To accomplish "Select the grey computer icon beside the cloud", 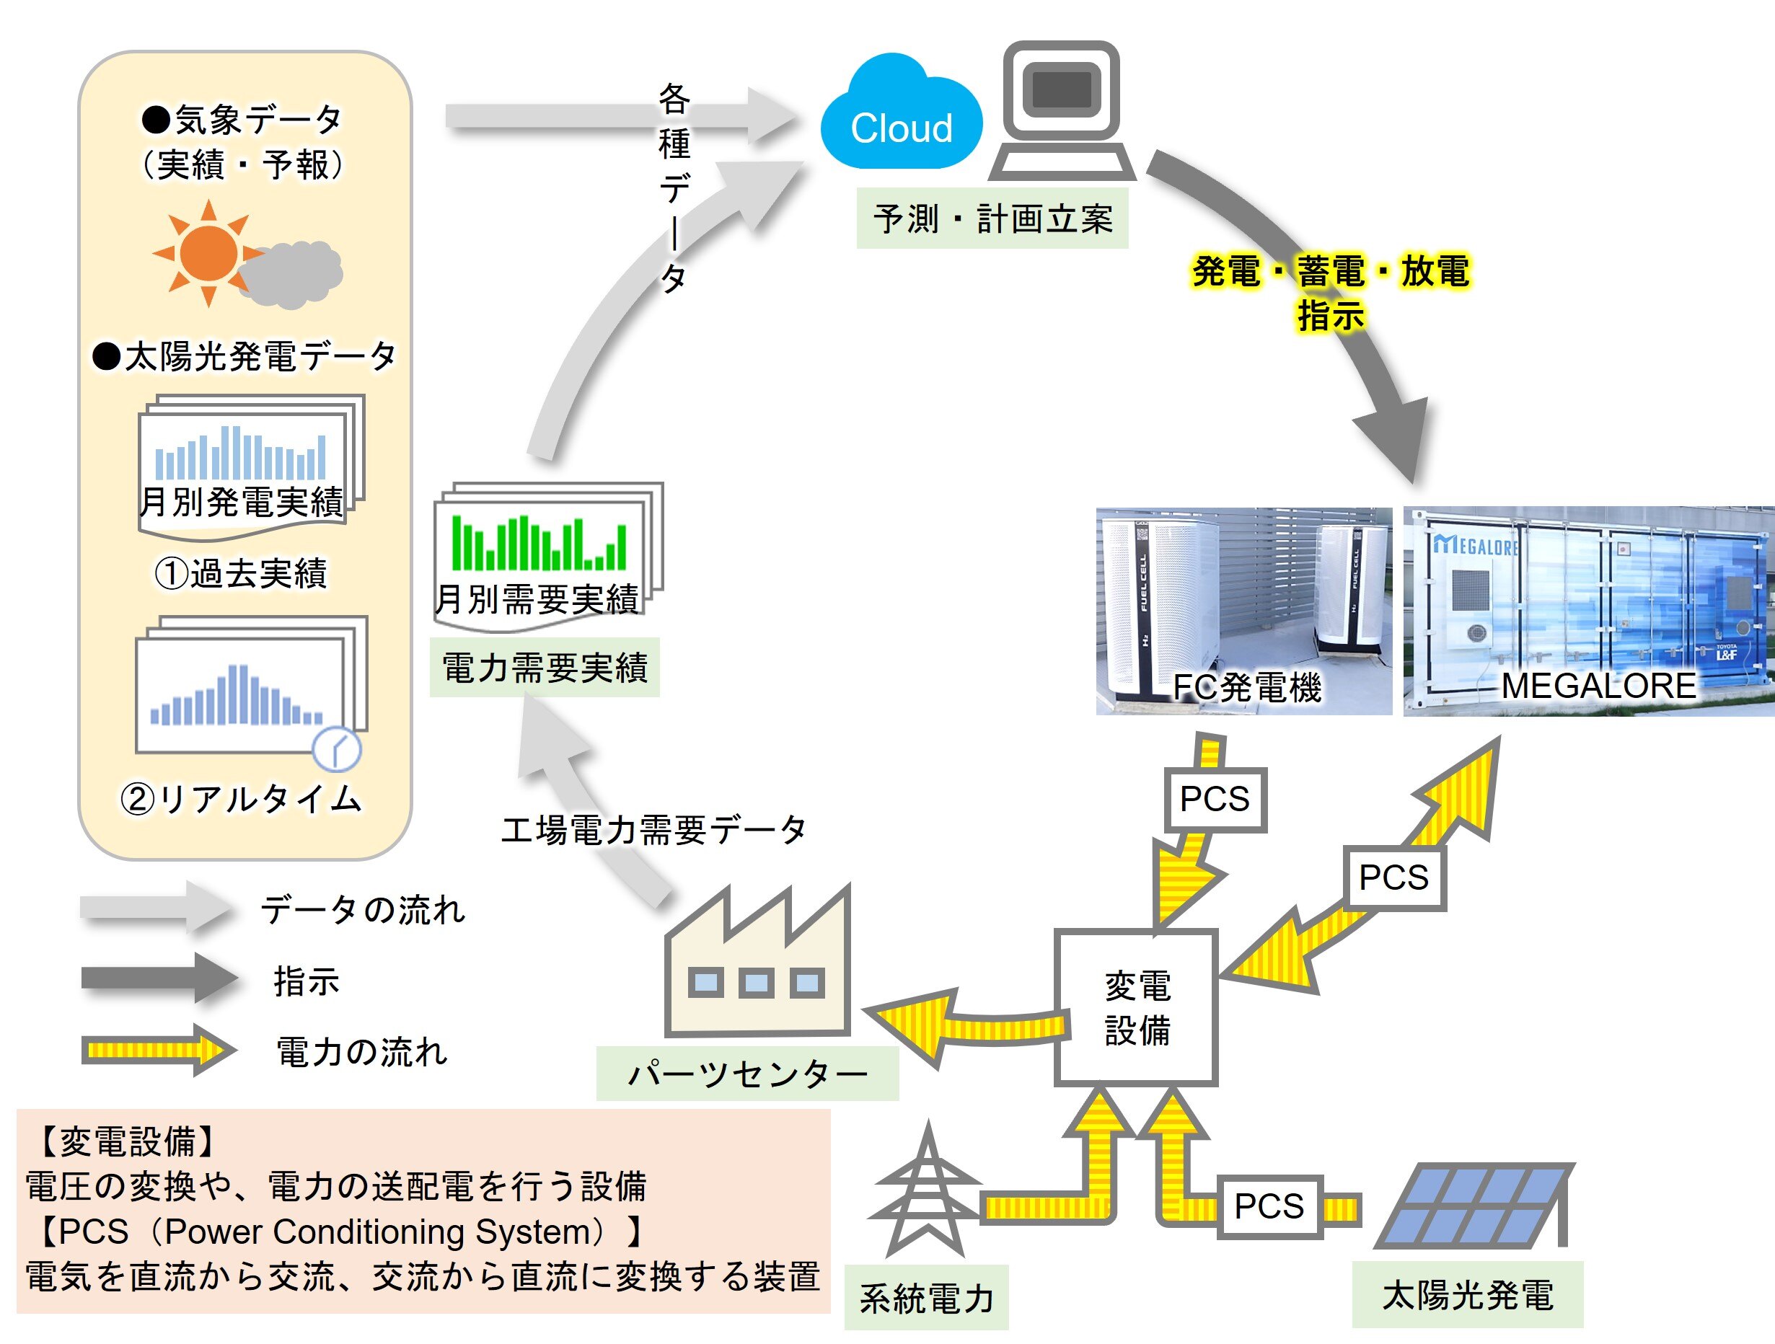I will tap(1062, 111).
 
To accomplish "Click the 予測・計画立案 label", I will tap(992, 218).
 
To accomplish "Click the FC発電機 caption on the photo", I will tap(1246, 688).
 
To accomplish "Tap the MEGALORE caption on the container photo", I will tap(1598, 686).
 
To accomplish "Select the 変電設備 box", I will tap(1136, 1008).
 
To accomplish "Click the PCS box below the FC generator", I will tap(1214, 799).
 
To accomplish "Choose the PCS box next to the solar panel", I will tap(1269, 1206).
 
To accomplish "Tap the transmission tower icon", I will tap(927, 1193).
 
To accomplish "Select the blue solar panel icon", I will tap(1474, 1205).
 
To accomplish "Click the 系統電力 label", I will tap(926, 1299).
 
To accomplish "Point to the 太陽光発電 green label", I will tap(1467, 1295).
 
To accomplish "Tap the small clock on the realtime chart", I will tap(336, 749).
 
